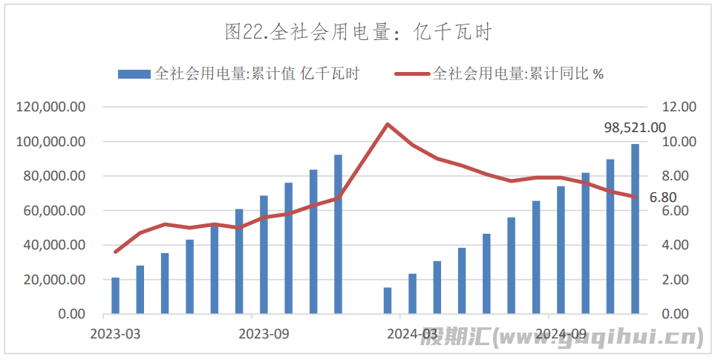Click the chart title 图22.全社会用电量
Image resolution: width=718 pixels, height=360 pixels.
click(x=359, y=32)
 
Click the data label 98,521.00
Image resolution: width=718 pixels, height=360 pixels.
click(x=635, y=128)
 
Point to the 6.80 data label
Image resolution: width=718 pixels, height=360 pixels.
click(x=662, y=197)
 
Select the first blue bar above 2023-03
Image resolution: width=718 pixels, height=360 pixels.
click(x=115, y=295)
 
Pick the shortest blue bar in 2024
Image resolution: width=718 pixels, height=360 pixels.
click(x=388, y=301)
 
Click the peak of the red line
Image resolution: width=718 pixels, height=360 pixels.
click(x=388, y=124)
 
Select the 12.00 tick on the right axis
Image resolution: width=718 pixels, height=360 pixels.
click(x=679, y=107)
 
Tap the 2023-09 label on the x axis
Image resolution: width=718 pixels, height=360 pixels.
click(x=264, y=333)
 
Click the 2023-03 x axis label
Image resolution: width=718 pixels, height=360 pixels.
click(x=115, y=333)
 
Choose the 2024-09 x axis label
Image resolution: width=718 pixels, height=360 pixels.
click(x=561, y=333)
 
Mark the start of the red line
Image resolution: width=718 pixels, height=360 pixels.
click(x=115, y=252)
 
